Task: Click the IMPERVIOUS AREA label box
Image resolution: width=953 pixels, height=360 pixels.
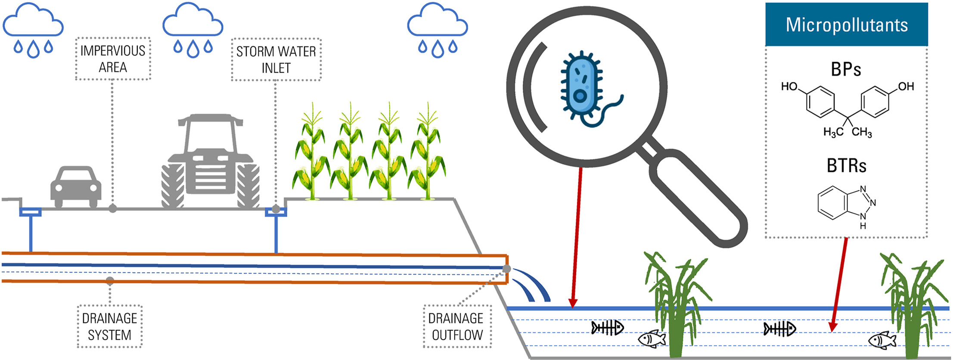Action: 113,59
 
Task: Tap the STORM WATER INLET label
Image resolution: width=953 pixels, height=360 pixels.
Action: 276,60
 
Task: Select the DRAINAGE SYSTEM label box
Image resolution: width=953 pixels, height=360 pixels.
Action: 110,326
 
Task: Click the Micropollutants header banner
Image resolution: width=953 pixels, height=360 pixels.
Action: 846,25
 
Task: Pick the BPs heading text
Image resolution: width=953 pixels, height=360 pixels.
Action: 846,69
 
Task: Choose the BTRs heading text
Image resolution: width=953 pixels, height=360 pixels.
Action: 846,166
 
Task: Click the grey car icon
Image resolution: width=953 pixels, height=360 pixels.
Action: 76,186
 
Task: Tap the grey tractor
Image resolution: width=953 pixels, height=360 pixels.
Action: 211,161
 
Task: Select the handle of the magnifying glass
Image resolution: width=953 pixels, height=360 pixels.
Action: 698,198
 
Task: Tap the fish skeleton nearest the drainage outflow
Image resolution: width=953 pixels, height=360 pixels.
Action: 607,328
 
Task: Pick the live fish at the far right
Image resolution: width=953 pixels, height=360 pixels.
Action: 882,340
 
